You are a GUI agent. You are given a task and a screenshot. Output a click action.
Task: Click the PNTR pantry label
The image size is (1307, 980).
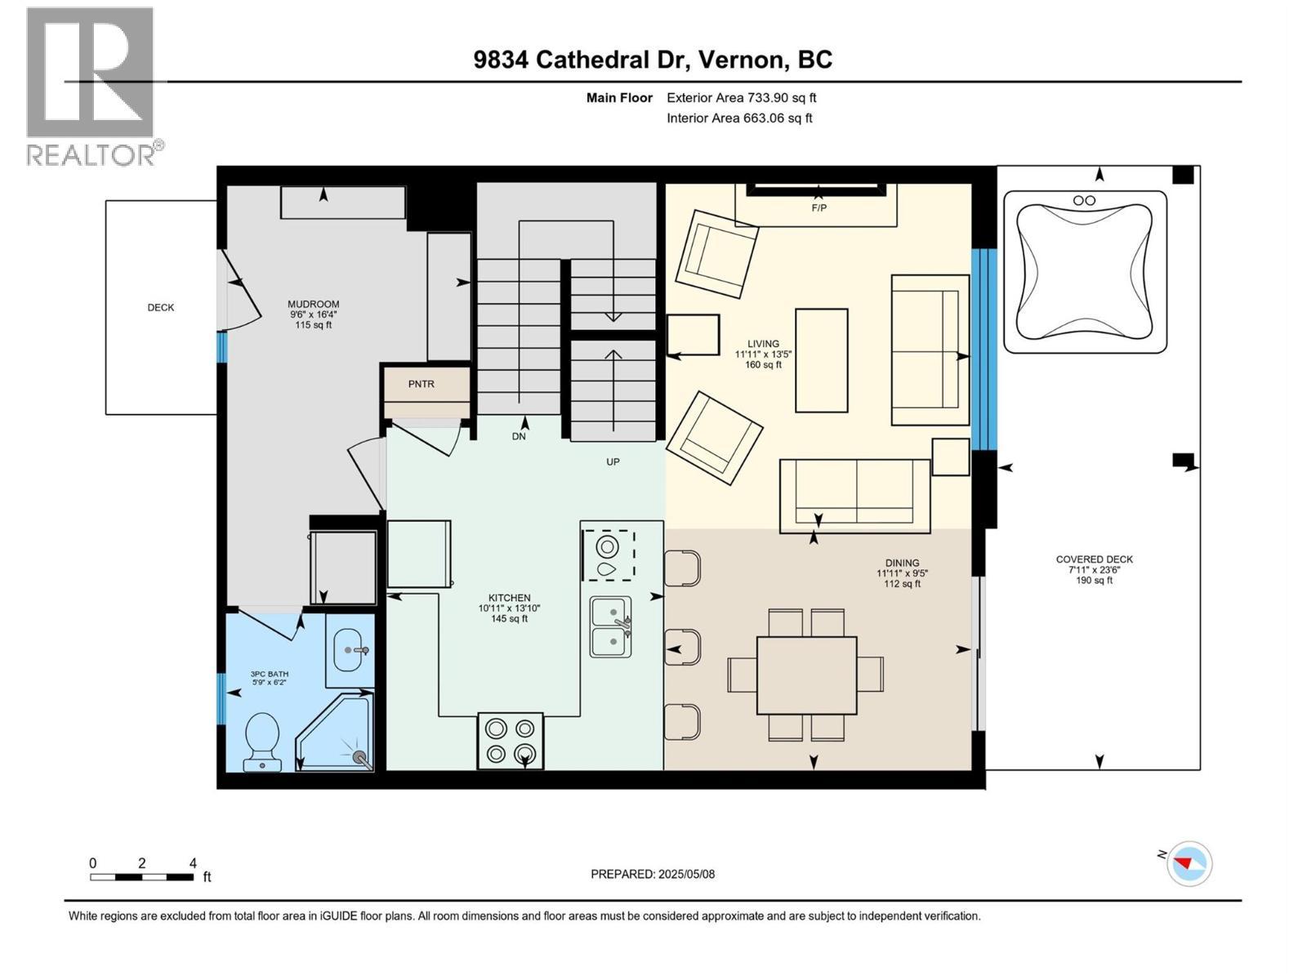[x=422, y=384]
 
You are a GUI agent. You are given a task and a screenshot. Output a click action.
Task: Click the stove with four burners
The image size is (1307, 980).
[x=511, y=741]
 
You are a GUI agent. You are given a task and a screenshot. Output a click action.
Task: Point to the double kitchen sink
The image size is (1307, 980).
[x=611, y=627]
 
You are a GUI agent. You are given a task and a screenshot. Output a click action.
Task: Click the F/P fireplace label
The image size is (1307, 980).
[x=819, y=207]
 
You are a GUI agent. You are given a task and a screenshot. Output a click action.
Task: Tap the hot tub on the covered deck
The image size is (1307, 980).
[x=1085, y=272]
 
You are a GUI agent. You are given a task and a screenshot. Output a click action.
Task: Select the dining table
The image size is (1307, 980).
[x=807, y=675]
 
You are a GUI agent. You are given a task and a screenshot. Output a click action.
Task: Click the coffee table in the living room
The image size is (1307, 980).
[x=822, y=360]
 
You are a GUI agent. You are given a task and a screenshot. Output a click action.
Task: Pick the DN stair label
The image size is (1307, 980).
[x=519, y=436]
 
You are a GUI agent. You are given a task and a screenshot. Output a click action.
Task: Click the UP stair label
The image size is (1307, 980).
[x=613, y=461]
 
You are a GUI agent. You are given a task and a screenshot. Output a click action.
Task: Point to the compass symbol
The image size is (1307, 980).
[x=1189, y=863]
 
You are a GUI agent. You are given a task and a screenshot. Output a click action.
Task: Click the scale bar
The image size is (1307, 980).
[x=142, y=877]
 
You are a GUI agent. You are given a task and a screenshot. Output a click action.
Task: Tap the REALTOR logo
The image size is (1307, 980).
[x=91, y=86]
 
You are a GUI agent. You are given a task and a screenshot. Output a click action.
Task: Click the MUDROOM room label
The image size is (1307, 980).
[x=314, y=304]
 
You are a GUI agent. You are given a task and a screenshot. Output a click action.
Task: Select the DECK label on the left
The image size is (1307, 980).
[x=161, y=307]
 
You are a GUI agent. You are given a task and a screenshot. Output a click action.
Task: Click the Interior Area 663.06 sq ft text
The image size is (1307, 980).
[x=739, y=118]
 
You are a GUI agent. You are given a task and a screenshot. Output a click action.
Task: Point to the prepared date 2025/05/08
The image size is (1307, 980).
[x=653, y=874]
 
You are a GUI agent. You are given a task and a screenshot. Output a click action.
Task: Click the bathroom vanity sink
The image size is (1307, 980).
[x=351, y=650]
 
